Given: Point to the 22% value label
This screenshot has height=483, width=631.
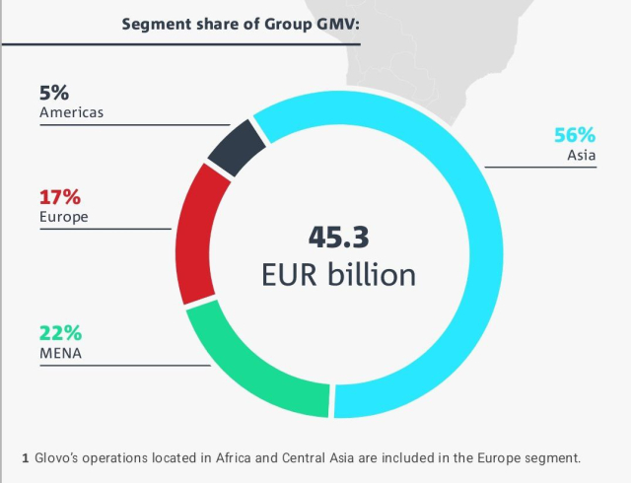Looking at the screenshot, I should pos(60,332).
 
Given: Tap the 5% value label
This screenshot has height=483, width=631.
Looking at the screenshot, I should pos(54,94).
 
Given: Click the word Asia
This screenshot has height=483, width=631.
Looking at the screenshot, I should pos(582,156).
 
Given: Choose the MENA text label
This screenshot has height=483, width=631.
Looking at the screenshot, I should pos(60,351).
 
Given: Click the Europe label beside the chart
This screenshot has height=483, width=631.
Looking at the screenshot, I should pos(64,216).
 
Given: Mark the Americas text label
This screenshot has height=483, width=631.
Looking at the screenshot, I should pos(72,112).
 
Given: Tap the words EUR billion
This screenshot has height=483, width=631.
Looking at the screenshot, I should pos(339,274).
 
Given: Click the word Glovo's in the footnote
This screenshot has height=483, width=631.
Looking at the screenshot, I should pos(61,458).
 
